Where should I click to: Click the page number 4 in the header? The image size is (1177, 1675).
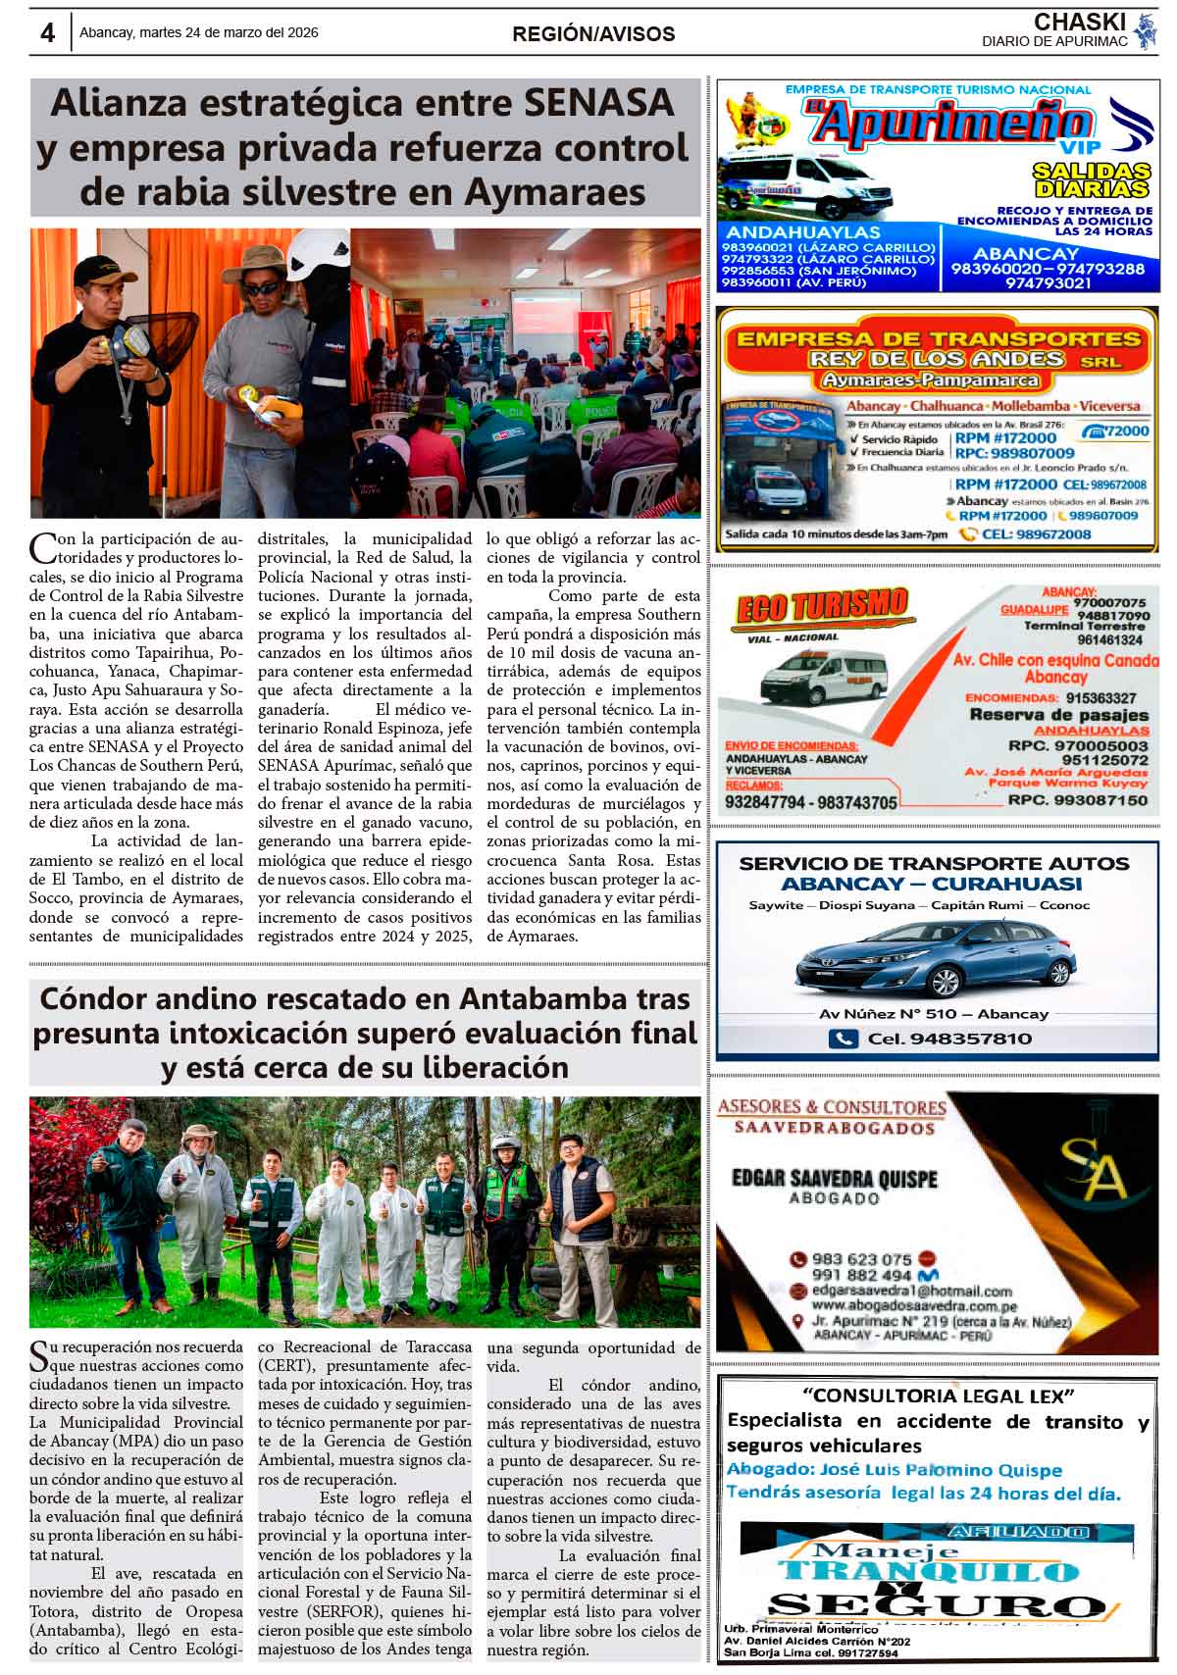[x=47, y=32]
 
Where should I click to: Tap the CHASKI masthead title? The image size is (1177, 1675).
[x=1066, y=22]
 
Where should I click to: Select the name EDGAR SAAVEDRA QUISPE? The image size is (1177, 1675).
[x=835, y=1178]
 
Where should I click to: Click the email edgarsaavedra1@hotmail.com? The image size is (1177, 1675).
[x=912, y=1291]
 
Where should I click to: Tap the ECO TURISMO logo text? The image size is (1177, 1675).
[x=820, y=608]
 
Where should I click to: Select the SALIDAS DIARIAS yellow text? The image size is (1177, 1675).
[x=1090, y=179]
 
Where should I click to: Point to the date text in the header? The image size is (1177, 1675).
[x=199, y=32]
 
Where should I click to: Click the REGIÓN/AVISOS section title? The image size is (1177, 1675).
[x=593, y=34]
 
